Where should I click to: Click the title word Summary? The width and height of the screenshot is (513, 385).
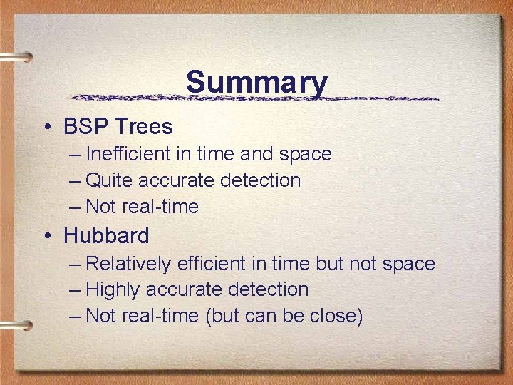pos(256,83)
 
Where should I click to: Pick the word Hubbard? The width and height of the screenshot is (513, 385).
pos(107,235)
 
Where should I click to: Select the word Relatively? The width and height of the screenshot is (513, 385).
pos(128,264)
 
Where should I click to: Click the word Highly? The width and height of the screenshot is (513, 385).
pos(113,289)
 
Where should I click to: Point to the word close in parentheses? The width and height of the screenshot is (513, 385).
pos(336,316)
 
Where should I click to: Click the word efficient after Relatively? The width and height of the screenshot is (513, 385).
pos(212,264)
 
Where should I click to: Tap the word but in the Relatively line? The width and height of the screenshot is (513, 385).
pos(329,264)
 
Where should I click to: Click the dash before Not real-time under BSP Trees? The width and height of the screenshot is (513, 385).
pos(76,207)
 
